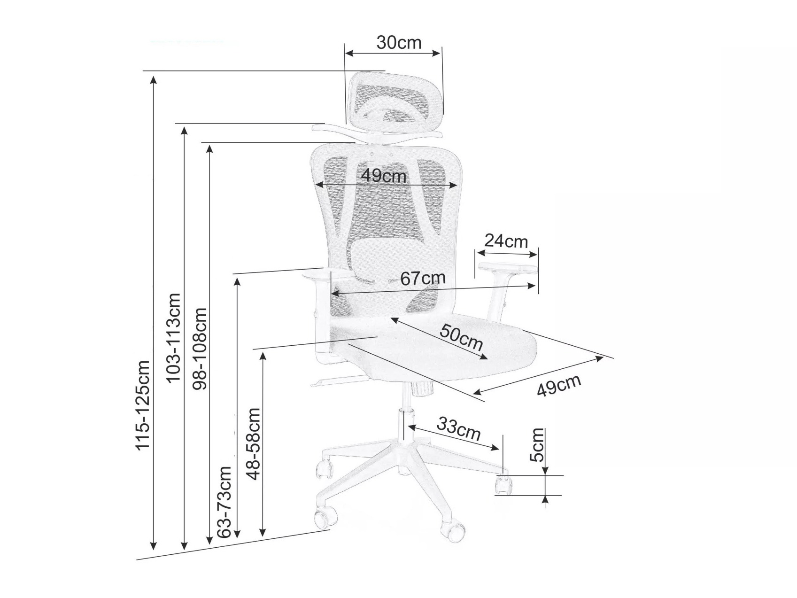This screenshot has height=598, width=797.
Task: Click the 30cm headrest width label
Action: click(399, 43)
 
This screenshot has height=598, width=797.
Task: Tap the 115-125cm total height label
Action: click(143, 405)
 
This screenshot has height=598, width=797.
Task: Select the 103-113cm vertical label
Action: click(173, 337)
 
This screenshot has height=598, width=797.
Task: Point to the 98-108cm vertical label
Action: click(201, 349)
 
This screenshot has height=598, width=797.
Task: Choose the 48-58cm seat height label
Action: click(253, 443)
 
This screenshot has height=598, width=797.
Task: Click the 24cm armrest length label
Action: click(506, 241)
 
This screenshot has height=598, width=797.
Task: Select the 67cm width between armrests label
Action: click(422, 278)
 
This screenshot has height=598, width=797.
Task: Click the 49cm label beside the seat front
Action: click(559, 386)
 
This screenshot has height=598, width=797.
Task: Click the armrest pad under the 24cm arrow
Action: click(507, 268)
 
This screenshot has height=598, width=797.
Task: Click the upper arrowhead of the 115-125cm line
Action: click(153, 80)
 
